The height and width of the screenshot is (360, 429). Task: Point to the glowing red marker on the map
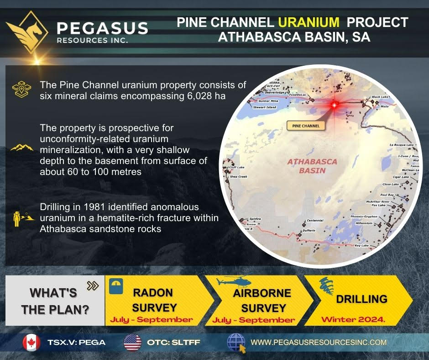tap(334, 105)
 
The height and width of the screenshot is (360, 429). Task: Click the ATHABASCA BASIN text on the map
tap(312, 166)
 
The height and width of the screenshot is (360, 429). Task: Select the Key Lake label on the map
tap(361, 246)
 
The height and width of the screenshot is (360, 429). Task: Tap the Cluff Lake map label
tap(237, 167)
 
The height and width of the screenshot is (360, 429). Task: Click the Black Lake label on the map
tap(379, 97)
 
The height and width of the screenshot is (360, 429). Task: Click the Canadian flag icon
tap(31, 342)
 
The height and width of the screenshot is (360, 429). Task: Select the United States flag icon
tap(133, 342)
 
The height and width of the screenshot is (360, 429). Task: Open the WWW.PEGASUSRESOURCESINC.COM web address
tap(319, 342)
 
